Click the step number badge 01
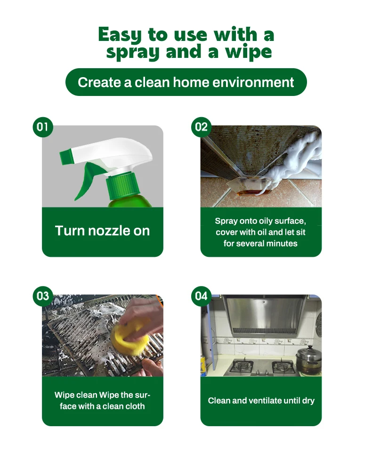tap(43, 127)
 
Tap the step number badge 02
tap(202, 127)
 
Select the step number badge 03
tap(43, 296)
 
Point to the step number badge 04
tap(202, 296)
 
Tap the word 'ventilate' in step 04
tap(266, 401)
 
